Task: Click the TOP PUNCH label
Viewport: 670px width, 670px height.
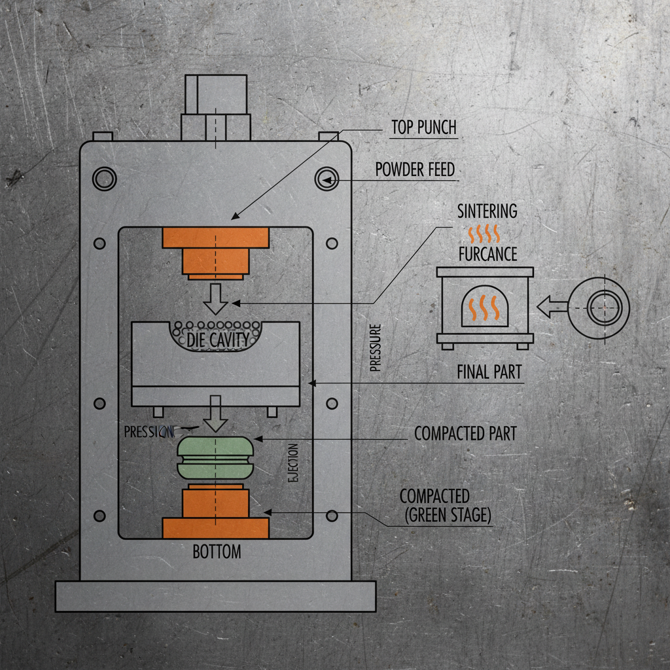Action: click(x=423, y=127)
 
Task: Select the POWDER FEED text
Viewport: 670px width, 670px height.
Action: click(x=415, y=169)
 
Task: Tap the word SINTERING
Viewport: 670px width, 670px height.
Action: click(x=487, y=211)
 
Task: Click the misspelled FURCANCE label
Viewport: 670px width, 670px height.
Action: click(x=487, y=254)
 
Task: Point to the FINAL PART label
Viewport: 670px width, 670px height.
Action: click(x=489, y=372)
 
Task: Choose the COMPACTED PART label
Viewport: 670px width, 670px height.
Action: click(x=465, y=433)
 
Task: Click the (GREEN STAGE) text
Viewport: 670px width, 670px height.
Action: click(x=448, y=515)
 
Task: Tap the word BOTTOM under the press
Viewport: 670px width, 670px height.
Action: click(x=217, y=552)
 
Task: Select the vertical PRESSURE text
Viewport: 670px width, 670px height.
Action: click(x=375, y=348)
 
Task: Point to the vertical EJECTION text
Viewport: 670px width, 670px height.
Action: click(x=292, y=463)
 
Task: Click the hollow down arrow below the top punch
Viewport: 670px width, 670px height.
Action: click(x=215, y=298)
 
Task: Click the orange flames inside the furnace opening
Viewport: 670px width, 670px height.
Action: click(x=485, y=308)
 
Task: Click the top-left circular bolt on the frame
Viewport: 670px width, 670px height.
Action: click(x=103, y=178)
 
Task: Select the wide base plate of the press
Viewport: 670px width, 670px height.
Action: click(x=215, y=596)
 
